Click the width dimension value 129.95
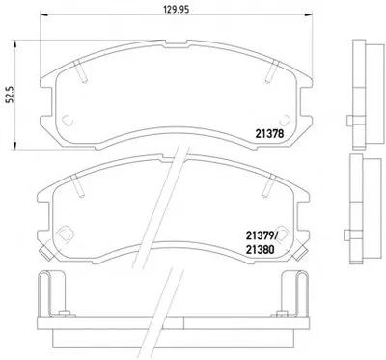coord(176,10)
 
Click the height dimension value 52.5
coord(10,95)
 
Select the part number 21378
coord(269,133)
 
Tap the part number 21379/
coord(262,236)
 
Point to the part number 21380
coord(260,249)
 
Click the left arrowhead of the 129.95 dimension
coord(43,14)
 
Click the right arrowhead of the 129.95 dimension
coord(308,14)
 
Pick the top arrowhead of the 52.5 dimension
coord(14,44)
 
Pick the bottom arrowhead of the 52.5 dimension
coord(14,145)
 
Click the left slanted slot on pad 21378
coord(80,71)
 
